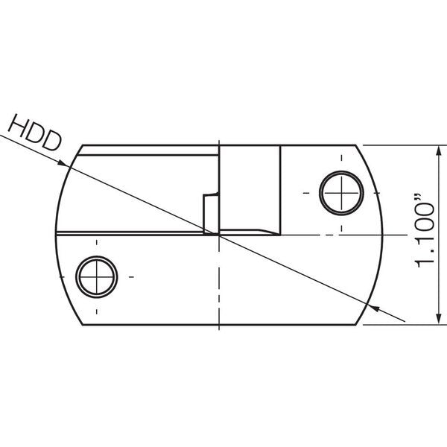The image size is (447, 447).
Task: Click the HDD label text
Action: [x=35, y=133]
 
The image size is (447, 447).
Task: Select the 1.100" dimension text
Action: [x=425, y=231]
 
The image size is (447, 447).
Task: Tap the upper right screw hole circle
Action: [x=341, y=193]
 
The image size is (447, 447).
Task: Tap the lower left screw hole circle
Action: [x=97, y=276]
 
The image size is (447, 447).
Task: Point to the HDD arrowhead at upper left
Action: [x=64, y=163]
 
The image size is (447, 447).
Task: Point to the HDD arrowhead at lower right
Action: [x=372, y=308]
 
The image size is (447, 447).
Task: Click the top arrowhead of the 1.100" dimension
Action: [x=439, y=150]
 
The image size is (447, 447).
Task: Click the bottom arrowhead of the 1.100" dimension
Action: [x=439, y=319]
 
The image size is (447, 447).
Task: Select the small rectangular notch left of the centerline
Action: [x=211, y=214]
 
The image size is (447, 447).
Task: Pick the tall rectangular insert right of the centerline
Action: [x=250, y=190]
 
